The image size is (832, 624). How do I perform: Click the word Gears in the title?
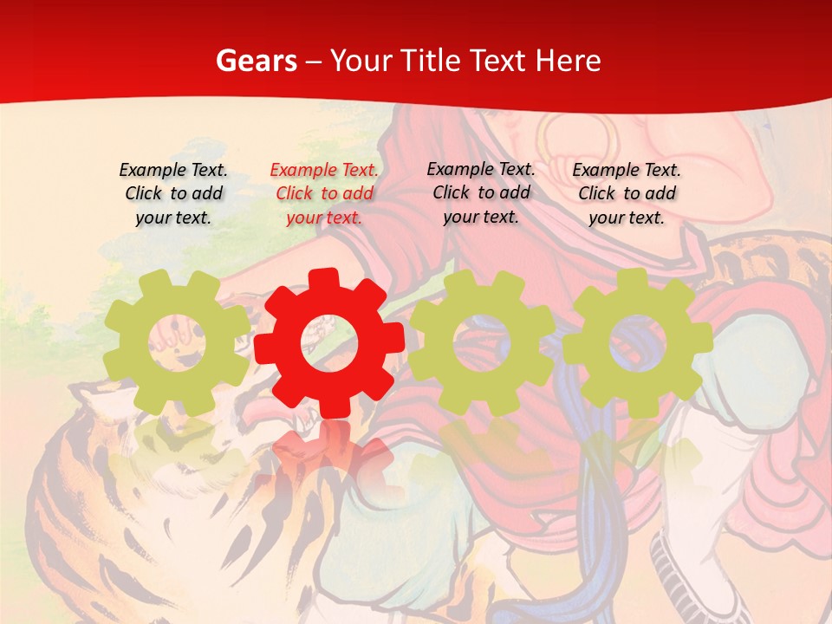pyautogui.click(x=256, y=61)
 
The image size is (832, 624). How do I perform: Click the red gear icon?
pyautogui.click(x=328, y=342)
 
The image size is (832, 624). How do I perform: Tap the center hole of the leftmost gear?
pyautogui.click(x=177, y=341)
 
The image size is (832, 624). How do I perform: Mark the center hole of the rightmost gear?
pyautogui.click(x=637, y=341)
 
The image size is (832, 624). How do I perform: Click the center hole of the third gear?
pyautogui.click(x=481, y=341)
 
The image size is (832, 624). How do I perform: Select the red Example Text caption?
pyautogui.click(x=324, y=193)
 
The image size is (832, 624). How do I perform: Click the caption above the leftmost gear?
pyautogui.click(x=173, y=193)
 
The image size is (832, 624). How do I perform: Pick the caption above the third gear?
pyautogui.click(x=481, y=192)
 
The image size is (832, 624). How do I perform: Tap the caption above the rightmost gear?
pyautogui.click(x=627, y=193)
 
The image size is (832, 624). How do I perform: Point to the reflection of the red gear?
pyautogui.click(x=328, y=455)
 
